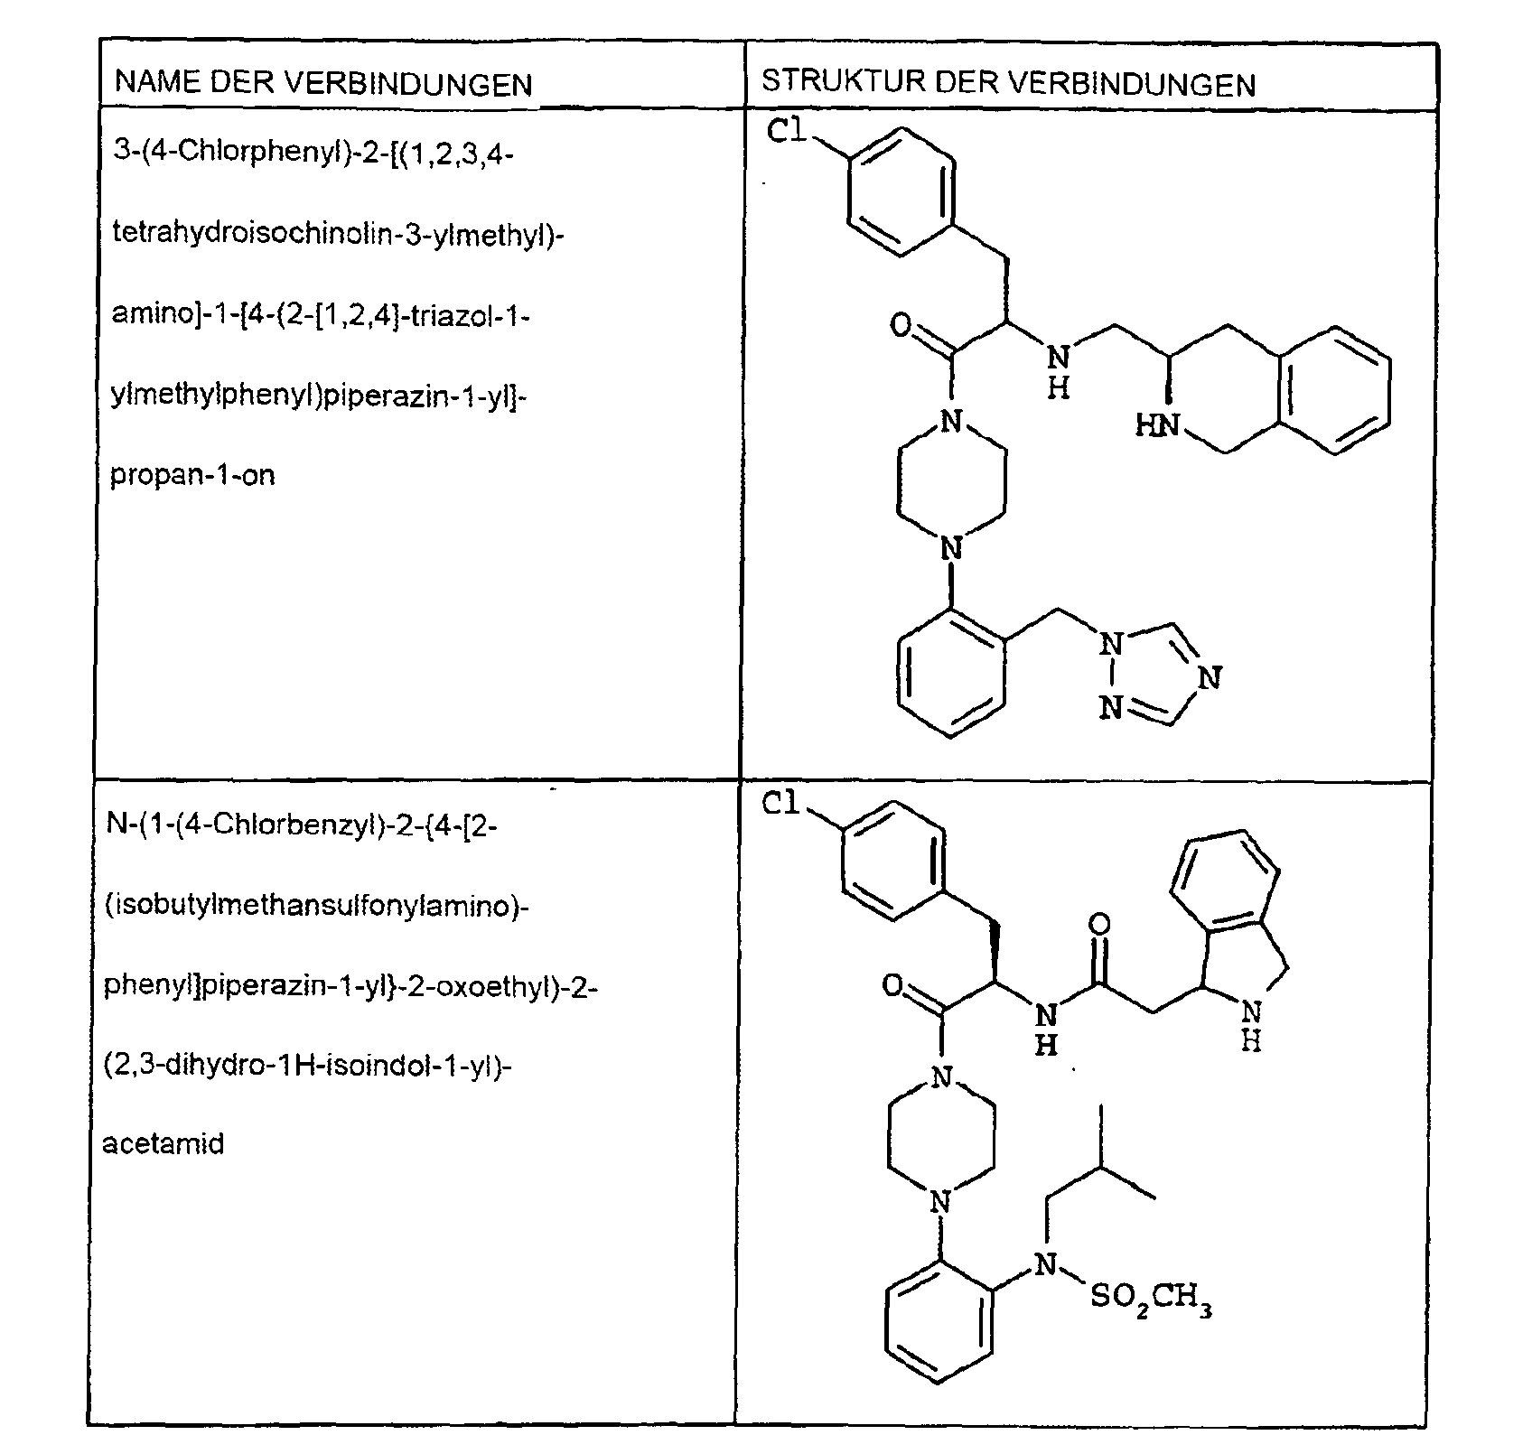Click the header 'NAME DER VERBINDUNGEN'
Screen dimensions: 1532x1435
click(x=323, y=84)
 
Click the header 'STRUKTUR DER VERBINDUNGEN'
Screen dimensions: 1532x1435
click(x=1008, y=82)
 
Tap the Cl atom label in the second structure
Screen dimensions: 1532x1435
click(x=782, y=803)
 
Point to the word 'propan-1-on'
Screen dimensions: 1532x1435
click(x=192, y=475)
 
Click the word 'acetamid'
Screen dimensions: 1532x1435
click(x=163, y=1144)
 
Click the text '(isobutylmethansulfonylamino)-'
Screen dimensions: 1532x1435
click(x=316, y=906)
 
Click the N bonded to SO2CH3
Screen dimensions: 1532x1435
click(x=1044, y=1264)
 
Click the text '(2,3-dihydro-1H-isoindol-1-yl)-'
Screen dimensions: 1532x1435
click(x=308, y=1067)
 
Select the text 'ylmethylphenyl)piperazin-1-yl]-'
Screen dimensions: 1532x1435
click(x=319, y=396)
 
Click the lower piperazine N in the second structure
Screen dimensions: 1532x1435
click(x=941, y=1201)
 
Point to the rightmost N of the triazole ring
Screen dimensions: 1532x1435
click(x=1211, y=677)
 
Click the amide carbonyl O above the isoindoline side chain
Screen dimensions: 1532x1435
click(x=1099, y=925)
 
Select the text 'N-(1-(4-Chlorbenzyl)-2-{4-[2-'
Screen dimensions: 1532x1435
click(x=301, y=826)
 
